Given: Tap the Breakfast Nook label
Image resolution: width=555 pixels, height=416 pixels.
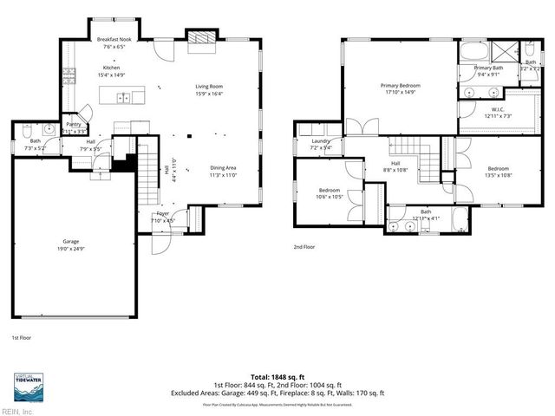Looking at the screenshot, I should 114,40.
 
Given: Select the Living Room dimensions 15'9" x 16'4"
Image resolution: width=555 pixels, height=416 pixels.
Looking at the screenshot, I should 209,94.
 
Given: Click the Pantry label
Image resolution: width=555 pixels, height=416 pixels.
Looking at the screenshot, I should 75,124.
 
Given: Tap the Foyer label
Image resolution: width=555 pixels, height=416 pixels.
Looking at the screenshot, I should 162,213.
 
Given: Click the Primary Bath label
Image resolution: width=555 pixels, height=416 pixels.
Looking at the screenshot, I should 488,68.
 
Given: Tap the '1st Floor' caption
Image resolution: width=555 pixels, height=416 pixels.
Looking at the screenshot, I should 23,337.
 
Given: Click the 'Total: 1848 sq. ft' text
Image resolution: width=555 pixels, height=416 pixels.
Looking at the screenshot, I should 277,377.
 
